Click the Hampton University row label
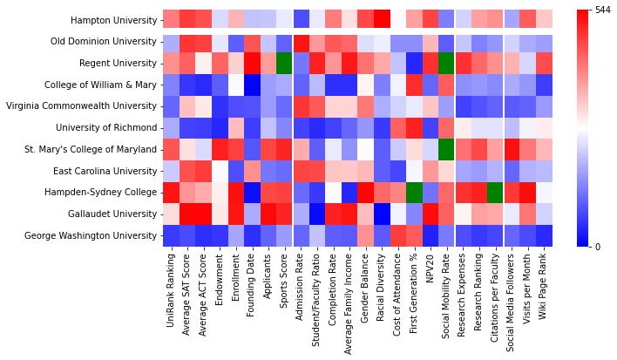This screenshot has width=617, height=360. pos(109,20)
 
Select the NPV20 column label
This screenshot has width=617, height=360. pos(431,268)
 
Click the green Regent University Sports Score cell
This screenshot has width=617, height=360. pos(285,63)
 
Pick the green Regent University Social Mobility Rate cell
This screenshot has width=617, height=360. pos(448,63)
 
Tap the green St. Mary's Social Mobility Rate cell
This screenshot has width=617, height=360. pos(448,149)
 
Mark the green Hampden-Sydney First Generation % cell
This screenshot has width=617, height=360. pos(415,192)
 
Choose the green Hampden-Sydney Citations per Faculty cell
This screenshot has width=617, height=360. pos(496,192)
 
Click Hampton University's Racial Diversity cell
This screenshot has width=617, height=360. pos(382,20)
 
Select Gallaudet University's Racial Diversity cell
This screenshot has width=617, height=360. pos(382,214)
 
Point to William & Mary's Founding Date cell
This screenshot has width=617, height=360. pos(252,85)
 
